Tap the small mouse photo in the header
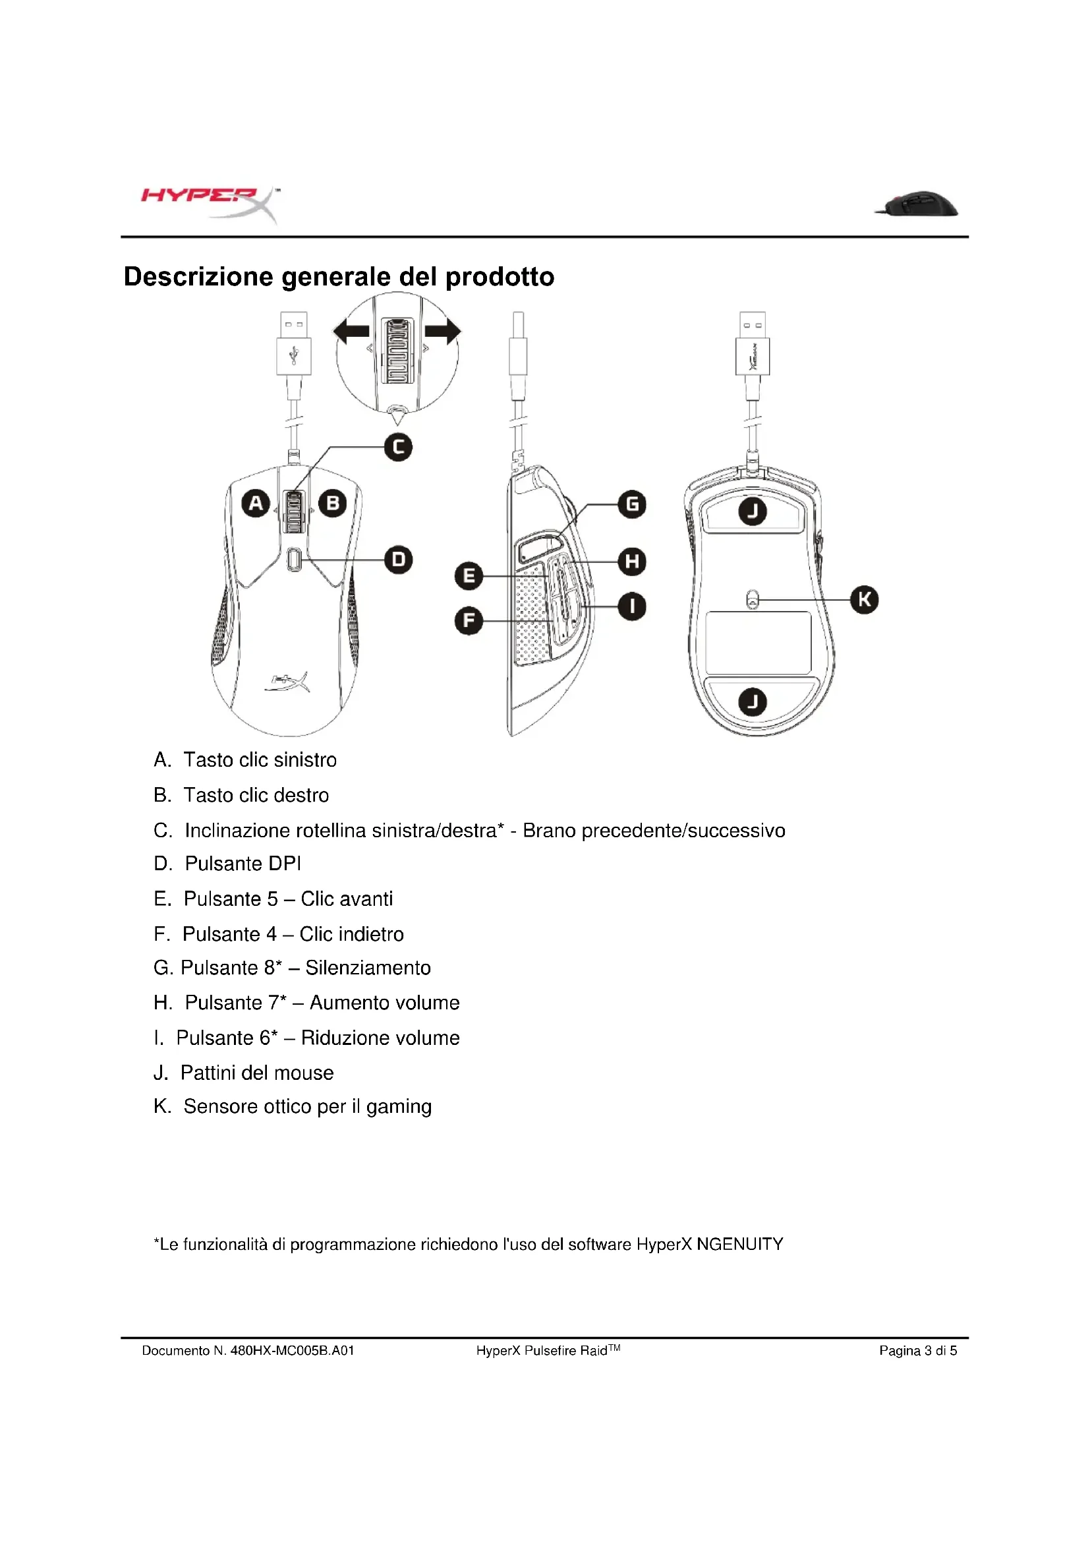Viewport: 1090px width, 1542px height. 917,204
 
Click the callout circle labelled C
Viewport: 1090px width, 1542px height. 398,447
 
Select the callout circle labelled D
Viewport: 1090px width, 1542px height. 398,560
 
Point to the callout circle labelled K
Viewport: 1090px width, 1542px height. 864,599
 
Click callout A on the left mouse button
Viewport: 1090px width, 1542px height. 256,503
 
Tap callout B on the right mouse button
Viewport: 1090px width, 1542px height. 333,503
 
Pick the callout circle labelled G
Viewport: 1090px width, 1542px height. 631,504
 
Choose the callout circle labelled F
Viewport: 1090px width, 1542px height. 469,620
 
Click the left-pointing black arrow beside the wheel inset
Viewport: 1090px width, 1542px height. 352,331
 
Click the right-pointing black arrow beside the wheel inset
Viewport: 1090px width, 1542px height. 443,331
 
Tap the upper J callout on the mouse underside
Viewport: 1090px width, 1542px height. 753,511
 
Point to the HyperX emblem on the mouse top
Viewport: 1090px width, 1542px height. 289,682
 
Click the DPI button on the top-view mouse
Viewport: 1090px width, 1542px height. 293,559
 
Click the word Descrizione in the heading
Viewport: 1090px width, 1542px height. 198,277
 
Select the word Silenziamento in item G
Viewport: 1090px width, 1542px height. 368,968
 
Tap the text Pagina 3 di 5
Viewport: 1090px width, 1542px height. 917,1351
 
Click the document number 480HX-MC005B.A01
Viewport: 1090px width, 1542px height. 292,1351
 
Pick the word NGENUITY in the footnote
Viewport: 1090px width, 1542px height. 739,1245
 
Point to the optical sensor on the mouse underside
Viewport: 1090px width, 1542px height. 753,598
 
